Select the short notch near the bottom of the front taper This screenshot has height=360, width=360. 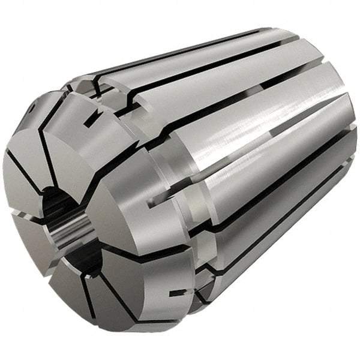pyautogui.click(x=176, y=293)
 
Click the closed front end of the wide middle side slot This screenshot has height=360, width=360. pyautogui.click(x=149, y=203)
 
